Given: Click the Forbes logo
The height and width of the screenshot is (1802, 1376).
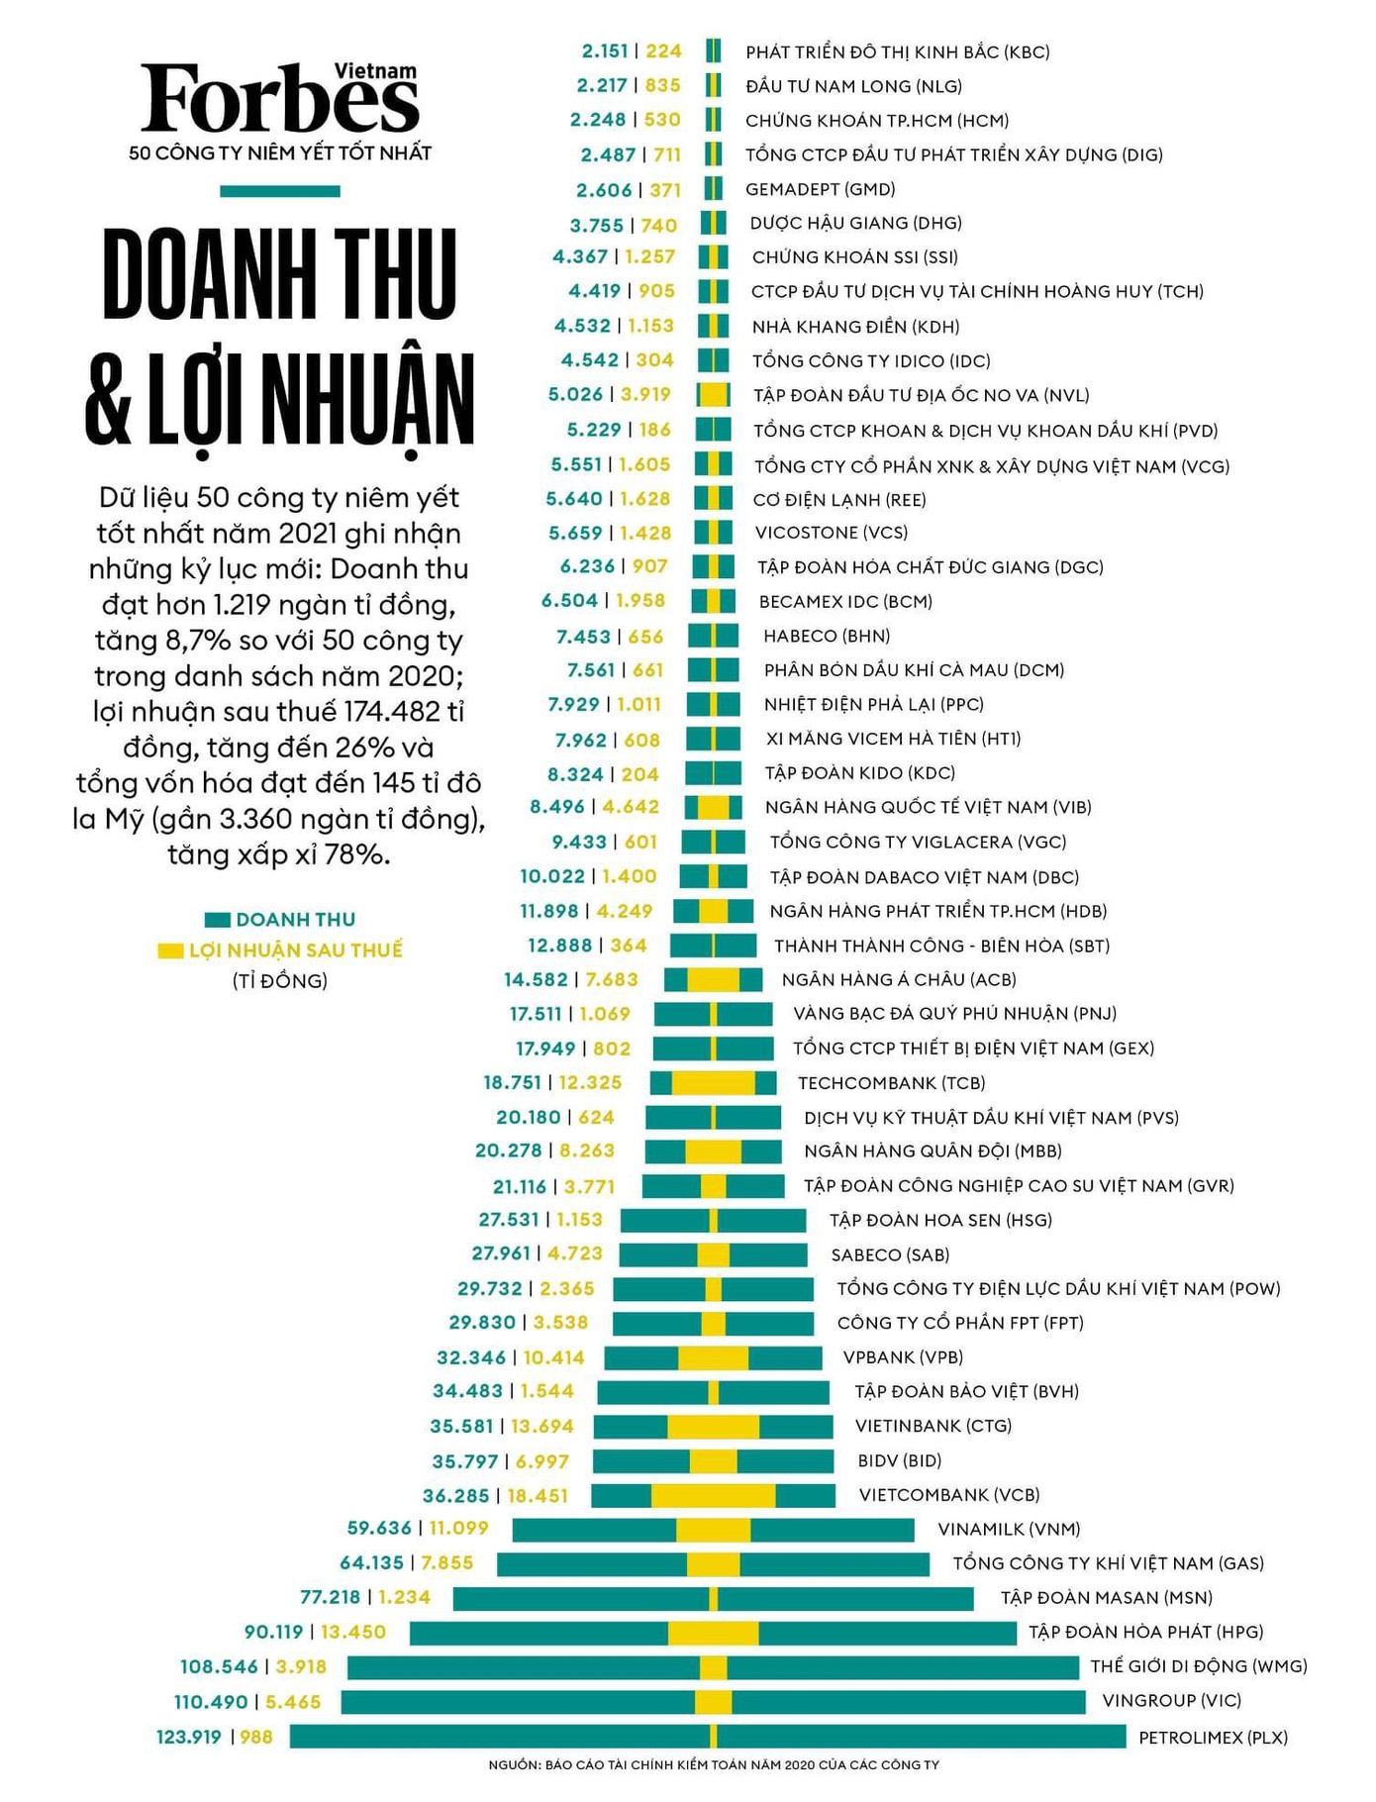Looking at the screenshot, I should click(x=279, y=99).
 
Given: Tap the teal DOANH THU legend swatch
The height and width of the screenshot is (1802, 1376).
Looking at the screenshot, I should click(x=218, y=920).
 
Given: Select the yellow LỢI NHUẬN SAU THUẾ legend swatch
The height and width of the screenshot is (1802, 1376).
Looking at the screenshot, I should click(x=170, y=951).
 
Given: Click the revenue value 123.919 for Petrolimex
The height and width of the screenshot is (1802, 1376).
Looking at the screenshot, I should click(x=189, y=1737).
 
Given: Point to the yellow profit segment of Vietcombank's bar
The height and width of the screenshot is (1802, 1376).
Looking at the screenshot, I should click(x=713, y=1495).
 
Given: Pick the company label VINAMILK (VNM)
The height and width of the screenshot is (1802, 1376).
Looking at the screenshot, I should click(x=1009, y=1529).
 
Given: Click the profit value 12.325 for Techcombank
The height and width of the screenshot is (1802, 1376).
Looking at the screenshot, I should click(x=590, y=1083).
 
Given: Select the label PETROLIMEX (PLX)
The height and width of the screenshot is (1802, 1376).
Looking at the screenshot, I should click(x=1213, y=1737).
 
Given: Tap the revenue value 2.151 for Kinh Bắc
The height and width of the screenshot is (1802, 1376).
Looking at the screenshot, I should click(x=605, y=51).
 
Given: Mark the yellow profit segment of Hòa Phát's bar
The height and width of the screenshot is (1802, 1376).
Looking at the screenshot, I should click(x=713, y=1633).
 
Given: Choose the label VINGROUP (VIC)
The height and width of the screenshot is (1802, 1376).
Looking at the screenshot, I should click(x=1171, y=1701).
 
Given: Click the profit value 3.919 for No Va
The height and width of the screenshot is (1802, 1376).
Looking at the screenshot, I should click(x=645, y=395).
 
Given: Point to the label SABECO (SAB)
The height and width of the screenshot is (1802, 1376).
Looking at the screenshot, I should click(x=890, y=1254).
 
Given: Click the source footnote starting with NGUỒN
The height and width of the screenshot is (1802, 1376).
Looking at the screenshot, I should click(x=713, y=1765).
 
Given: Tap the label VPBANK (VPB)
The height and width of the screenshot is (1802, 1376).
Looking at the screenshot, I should click(x=903, y=1357).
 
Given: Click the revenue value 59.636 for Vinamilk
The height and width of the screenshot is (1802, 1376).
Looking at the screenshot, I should click(x=379, y=1529).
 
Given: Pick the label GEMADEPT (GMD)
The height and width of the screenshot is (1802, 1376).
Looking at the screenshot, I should click(x=820, y=189).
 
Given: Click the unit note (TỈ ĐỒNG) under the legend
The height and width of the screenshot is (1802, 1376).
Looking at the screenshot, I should click(x=279, y=981).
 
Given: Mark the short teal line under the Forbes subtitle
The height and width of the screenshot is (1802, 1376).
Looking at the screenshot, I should click(x=279, y=191).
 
